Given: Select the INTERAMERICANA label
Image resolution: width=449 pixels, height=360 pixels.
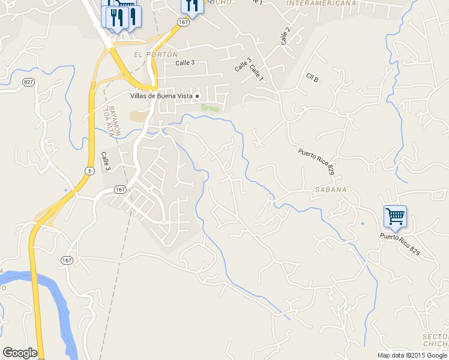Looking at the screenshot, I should tap(322, 3).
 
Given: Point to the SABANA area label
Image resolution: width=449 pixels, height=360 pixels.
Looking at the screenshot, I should tap(330, 190).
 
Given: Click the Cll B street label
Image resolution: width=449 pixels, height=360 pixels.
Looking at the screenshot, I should tap(312, 77).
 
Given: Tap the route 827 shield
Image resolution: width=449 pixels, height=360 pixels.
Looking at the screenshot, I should tap(28, 82).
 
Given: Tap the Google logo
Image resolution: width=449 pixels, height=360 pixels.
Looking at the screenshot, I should tap(20, 353).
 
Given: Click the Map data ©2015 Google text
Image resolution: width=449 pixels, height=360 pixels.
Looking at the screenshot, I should tap(412, 355).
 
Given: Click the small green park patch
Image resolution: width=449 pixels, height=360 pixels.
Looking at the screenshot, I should tap(209, 107).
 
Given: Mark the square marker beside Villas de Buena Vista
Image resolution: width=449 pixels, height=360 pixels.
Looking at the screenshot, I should tap(196, 96).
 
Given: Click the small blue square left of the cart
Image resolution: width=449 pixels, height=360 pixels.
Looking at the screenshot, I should tap(363, 224).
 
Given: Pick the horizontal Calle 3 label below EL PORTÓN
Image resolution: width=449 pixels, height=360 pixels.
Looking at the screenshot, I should tap(185, 63).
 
